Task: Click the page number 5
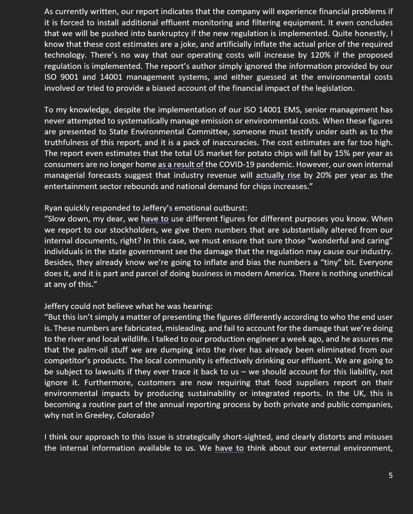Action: tap(390, 475)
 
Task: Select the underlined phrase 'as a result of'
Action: tap(181, 165)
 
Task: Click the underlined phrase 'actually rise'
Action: tap(278, 175)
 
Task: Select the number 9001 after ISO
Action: tap(69, 77)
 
